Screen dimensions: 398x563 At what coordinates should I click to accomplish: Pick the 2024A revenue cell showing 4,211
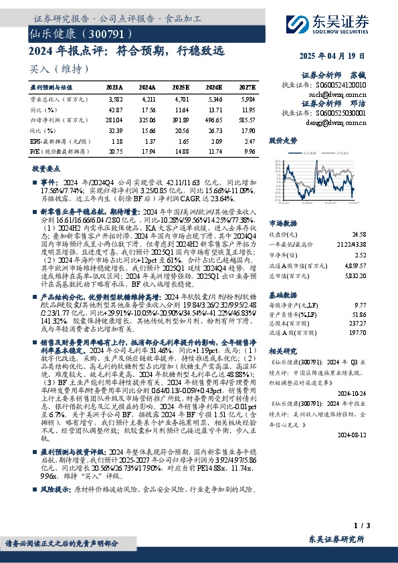click(148, 98)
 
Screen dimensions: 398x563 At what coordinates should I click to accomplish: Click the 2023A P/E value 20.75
click(114, 152)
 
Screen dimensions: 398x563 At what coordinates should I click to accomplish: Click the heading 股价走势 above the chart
click(282, 142)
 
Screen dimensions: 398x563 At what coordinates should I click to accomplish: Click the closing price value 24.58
click(360, 235)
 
